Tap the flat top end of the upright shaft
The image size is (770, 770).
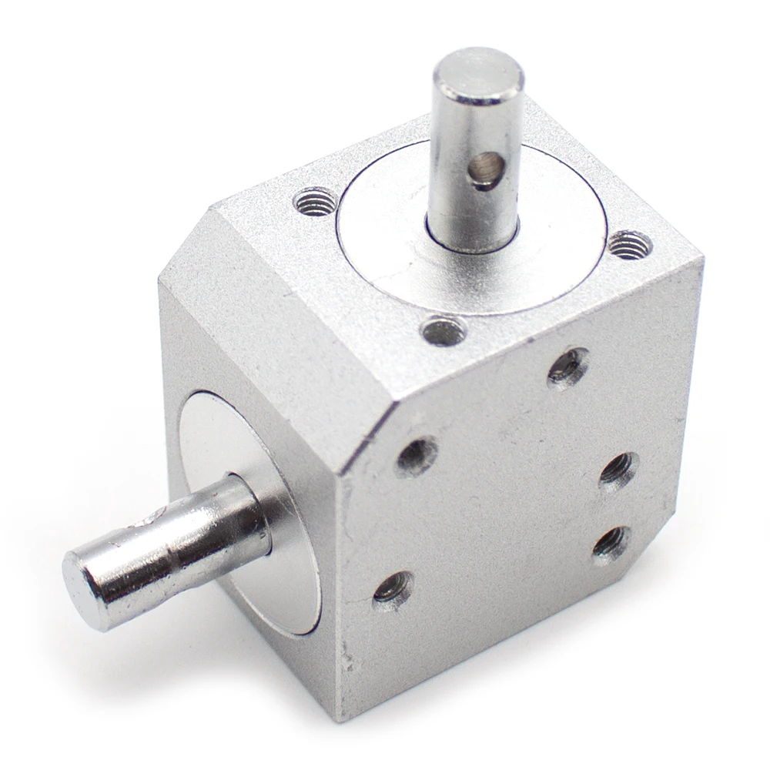click(478, 75)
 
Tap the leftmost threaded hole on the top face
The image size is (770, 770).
click(316, 203)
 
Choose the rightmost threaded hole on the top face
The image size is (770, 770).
click(630, 245)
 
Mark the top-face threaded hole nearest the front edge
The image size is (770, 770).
click(444, 332)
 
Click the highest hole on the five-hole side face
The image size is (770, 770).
click(568, 367)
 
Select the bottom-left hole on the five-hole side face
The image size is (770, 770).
click(393, 591)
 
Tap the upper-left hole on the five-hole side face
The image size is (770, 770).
click(417, 456)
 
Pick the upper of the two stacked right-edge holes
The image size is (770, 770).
click(618, 469)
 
